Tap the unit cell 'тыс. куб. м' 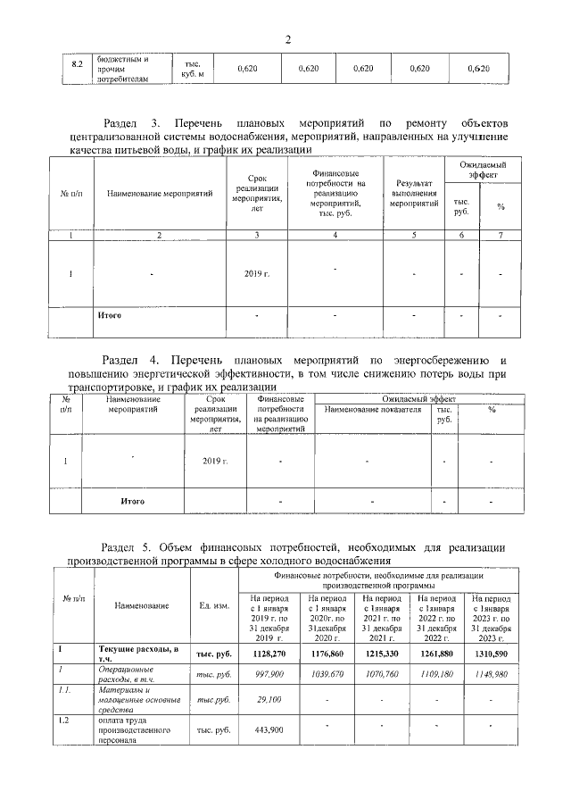click(x=193, y=68)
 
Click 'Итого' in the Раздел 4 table click(x=133, y=501)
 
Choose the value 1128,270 click(x=269, y=654)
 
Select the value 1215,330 click(x=380, y=654)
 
